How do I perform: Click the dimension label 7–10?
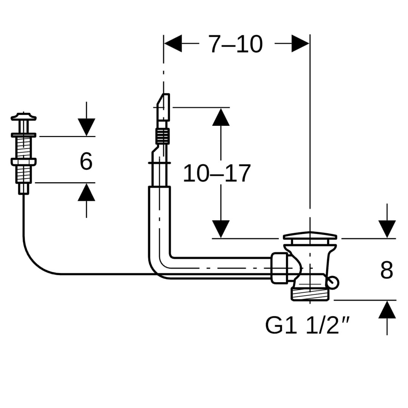[x=236, y=44]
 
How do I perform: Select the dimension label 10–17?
[x=216, y=174]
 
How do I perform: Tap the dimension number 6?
[x=86, y=161]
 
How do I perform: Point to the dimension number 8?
[x=386, y=270]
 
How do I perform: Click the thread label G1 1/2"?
[x=307, y=325]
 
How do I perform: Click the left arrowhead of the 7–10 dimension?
[x=173, y=43]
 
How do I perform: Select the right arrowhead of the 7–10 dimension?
[x=300, y=43]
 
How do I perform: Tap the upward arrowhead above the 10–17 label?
[x=221, y=117]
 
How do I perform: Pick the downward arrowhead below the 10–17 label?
[x=221, y=229]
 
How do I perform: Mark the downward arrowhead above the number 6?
[x=87, y=127]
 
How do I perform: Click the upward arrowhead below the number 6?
[x=87, y=192]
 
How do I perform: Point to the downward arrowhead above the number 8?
[x=387, y=229]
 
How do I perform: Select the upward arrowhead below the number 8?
[x=387, y=310]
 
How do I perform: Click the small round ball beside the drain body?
[x=333, y=283]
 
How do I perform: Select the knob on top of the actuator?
[x=23, y=117]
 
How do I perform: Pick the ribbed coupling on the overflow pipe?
[x=162, y=136]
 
